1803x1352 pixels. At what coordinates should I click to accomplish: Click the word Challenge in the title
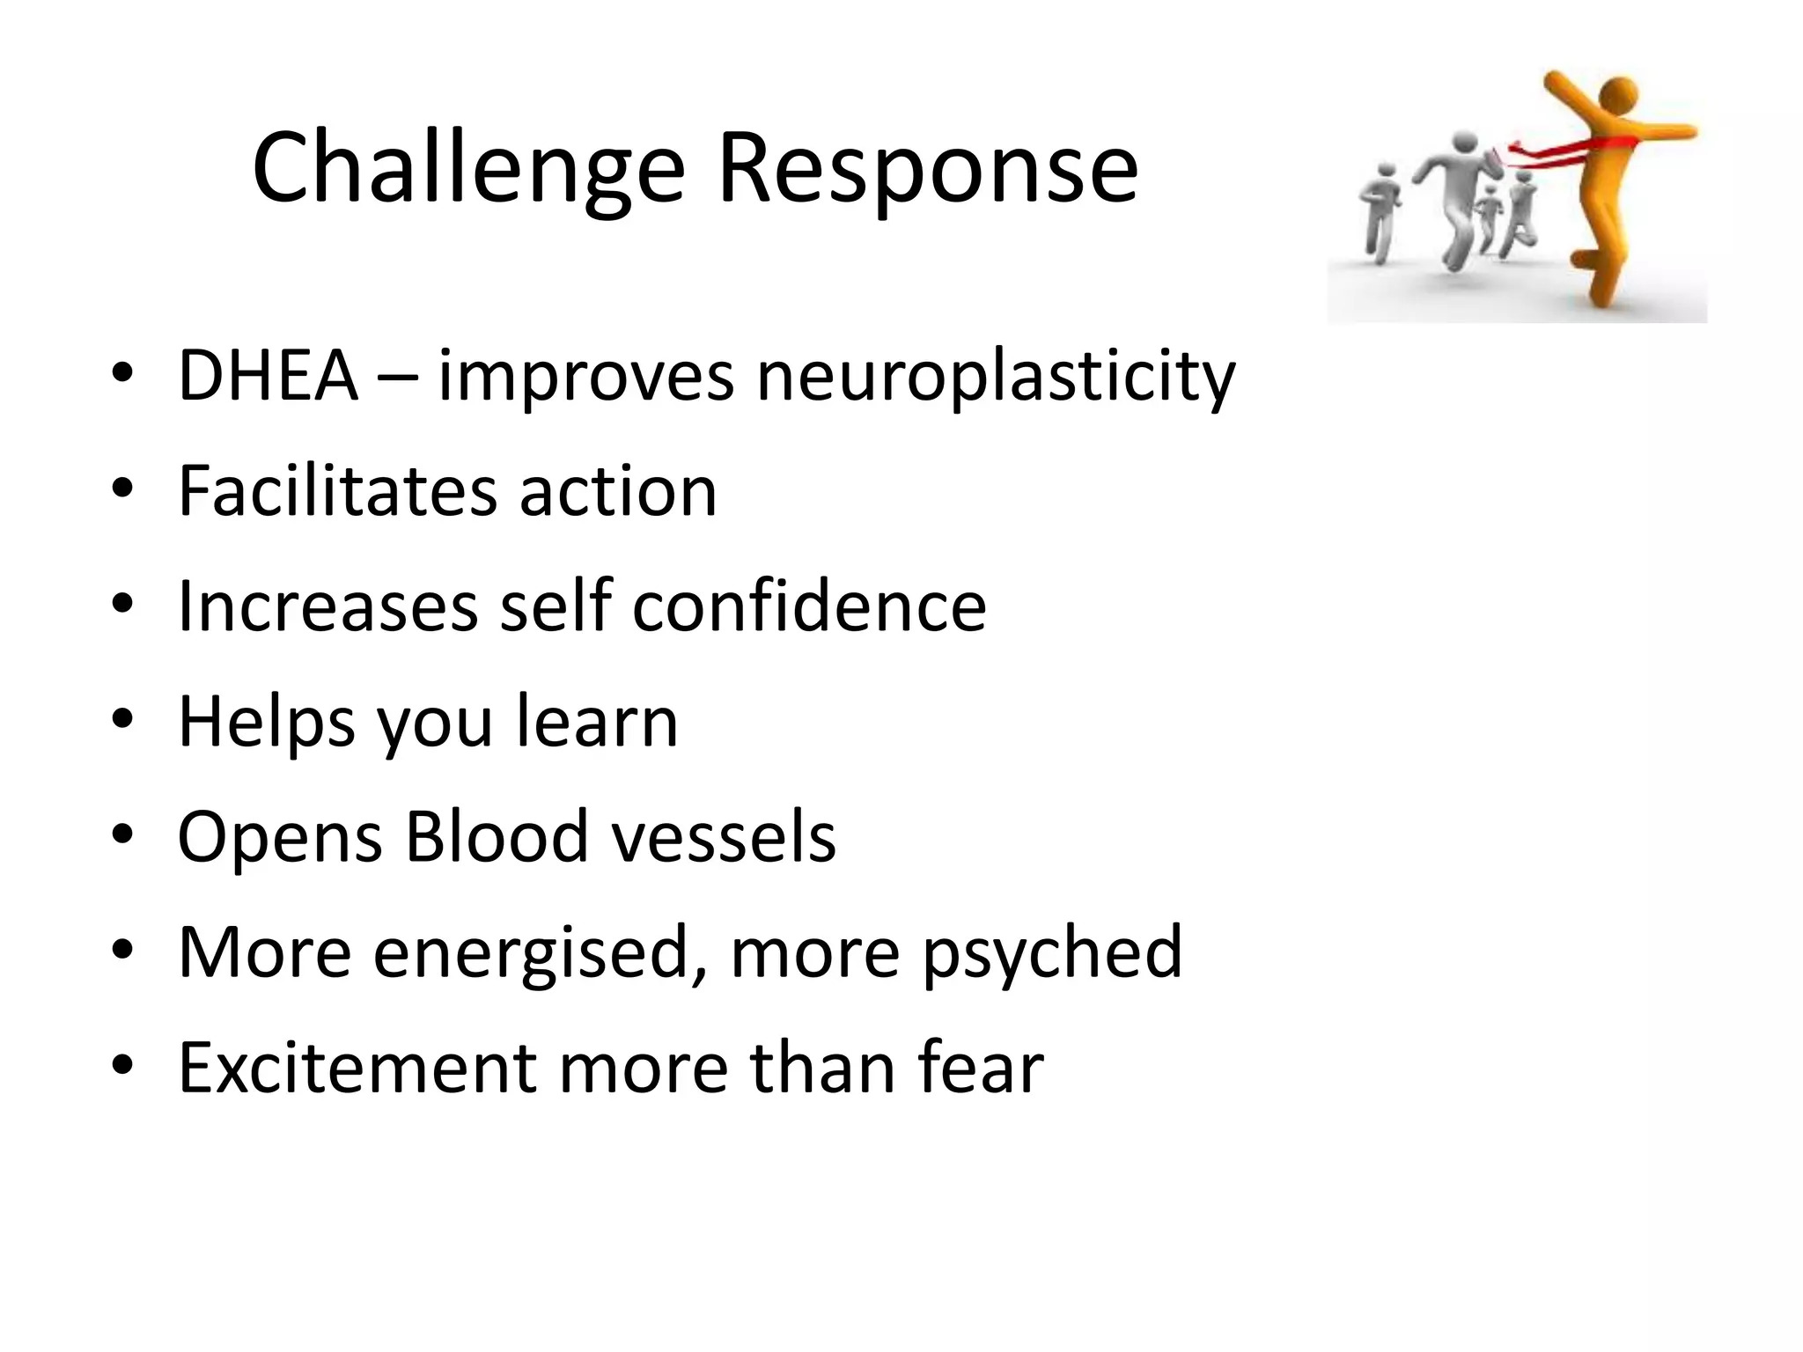click(467, 167)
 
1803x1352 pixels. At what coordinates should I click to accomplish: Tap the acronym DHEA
click(268, 376)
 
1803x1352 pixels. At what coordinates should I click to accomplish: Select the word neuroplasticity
click(996, 376)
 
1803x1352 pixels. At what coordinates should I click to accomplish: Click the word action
click(618, 490)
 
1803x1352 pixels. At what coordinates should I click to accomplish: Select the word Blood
click(497, 836)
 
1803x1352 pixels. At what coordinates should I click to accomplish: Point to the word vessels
click(724, 836)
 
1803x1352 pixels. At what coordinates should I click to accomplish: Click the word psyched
click(1052, 952)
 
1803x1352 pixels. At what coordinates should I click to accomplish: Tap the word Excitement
click(357, 1067)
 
